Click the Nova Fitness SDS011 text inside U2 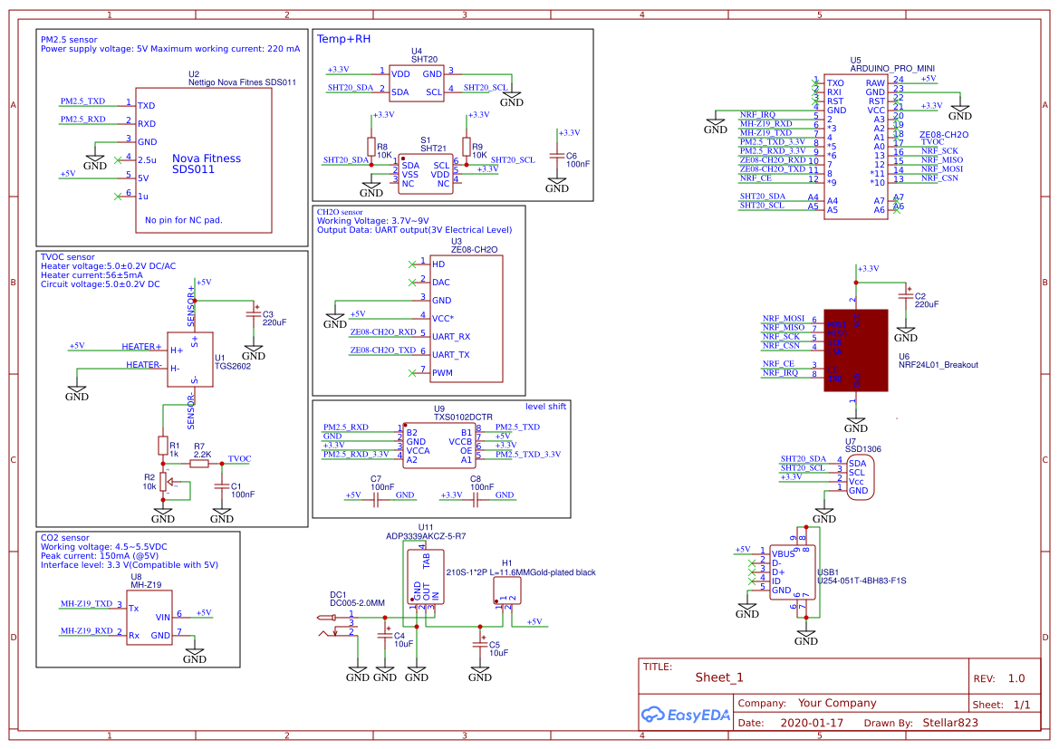(207, 164)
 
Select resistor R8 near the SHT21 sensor (371, 146)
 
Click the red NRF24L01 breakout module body (855, 349)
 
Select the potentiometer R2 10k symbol (163, 481)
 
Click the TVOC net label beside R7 (240, 458)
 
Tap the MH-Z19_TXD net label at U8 (86, 603)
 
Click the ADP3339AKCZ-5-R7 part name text (426, 536)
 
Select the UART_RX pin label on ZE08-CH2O (450, 336)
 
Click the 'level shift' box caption (545, 407)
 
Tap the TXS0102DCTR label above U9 (463, 417)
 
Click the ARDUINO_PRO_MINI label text (892, 68)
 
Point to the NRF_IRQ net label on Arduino (757, 114)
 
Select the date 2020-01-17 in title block (811, 723)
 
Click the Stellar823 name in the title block (950, 723)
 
